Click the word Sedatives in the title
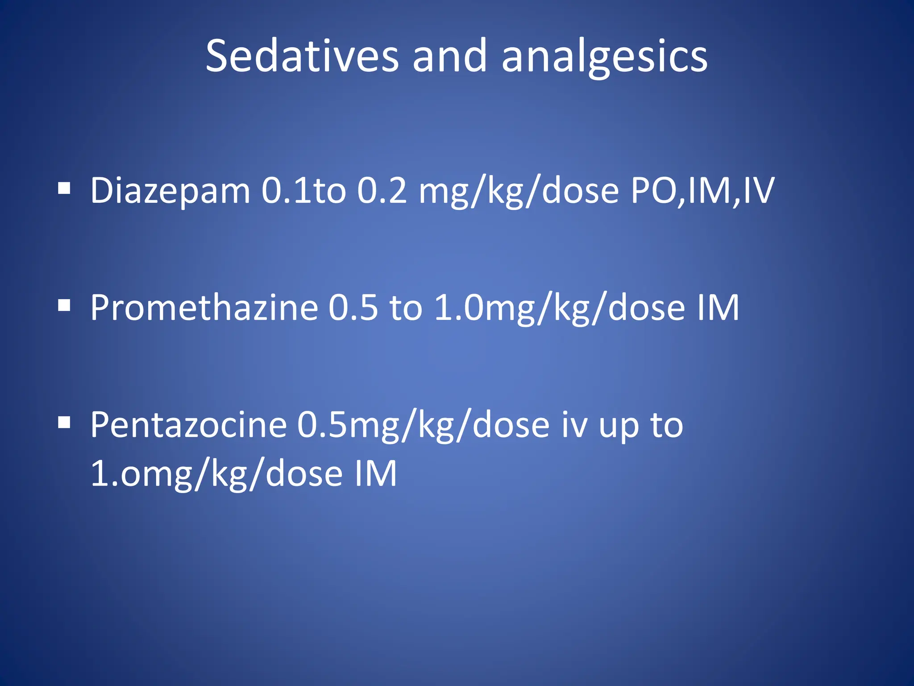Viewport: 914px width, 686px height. click(302, 56)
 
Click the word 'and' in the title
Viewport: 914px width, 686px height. click(449, 56)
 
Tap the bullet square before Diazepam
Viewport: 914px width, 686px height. click(64, 189)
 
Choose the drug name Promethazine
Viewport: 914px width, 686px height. click(204, 308)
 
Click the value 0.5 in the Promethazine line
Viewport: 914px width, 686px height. click(353, 308)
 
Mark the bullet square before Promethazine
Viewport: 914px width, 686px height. click(64, 306)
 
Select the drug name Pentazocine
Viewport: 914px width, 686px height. click(188, 425)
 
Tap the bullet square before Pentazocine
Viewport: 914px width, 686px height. click(64, 422)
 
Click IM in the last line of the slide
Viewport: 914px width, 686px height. click(375, 473)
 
